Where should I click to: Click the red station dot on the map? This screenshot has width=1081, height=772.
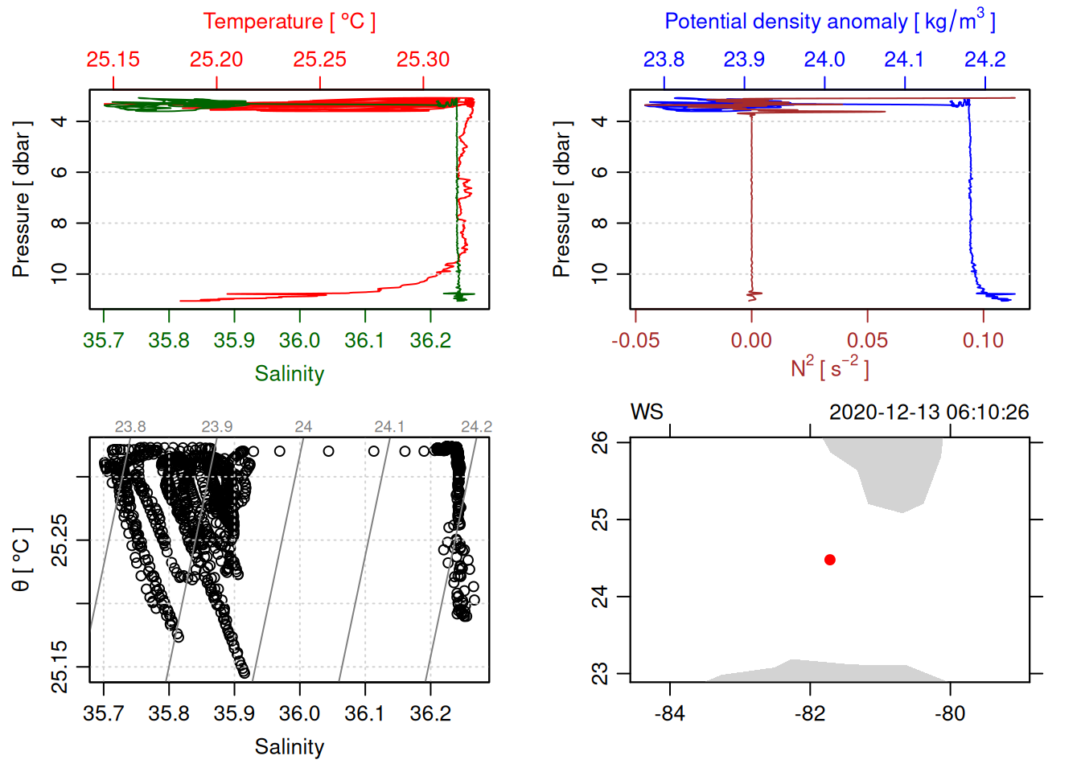830,560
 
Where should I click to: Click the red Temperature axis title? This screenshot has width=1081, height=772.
289,22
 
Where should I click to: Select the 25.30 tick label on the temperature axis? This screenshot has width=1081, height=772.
423,60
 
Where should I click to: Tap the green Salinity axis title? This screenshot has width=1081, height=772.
290,374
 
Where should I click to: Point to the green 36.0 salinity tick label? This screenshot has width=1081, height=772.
299,341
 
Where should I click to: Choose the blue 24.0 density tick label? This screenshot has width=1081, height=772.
824,60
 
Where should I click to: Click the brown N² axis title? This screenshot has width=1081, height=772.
830,368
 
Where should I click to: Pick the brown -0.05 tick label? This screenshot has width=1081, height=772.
635,341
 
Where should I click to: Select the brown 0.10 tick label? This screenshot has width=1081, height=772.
983,341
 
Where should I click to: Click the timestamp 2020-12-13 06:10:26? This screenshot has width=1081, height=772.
929,413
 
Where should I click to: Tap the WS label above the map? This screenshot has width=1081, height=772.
647,413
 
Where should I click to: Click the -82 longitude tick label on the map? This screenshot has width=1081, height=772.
810,714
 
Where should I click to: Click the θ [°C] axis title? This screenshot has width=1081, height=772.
22,560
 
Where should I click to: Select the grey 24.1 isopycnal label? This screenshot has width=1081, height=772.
389,427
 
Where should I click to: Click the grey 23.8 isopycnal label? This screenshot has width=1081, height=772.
130,427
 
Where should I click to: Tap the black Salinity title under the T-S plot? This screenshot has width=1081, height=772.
290,747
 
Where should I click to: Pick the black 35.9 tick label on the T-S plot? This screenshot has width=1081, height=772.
234,714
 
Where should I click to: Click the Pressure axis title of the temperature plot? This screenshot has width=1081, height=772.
22,199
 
